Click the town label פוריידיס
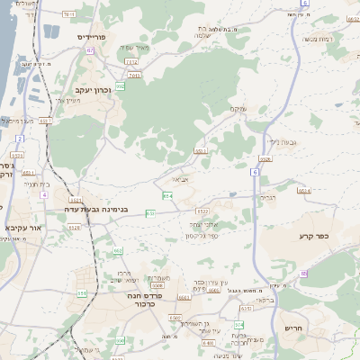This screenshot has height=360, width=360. point(92,37)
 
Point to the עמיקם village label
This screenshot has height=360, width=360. point(236,108)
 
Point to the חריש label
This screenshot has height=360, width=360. point(294,328)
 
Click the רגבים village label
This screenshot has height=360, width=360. point(267,196)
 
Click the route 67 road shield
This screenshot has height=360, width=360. point(91,50)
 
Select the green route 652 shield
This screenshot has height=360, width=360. point(168,194)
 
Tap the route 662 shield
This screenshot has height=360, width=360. point(118,251)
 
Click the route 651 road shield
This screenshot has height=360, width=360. point(150,213)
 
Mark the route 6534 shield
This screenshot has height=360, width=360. point(304,191)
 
